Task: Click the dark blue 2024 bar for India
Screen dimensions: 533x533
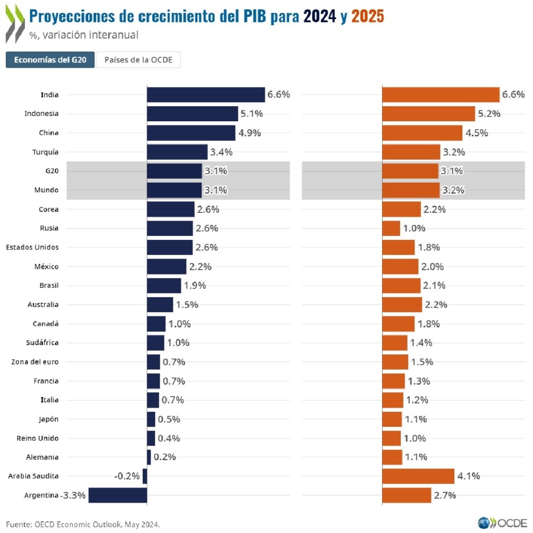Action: coord(206,95)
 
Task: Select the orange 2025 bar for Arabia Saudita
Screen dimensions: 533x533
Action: coord(418,476)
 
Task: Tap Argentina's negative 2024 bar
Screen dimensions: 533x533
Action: coord(118,495)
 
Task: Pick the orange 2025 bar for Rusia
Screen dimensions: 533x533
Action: coord(391,228)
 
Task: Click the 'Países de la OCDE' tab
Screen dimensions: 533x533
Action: coord(138,60)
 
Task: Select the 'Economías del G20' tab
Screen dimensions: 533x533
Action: coord(50,60)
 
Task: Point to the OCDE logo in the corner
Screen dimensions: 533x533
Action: coord(502,522)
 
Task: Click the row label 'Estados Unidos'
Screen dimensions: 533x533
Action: coord(32,247)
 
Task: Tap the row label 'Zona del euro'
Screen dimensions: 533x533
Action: coord(35,362)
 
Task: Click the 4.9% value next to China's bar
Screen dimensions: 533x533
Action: coord(250,133)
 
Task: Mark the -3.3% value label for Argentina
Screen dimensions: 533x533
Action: coord(73,495)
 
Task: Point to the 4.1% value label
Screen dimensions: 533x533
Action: coord(468,476)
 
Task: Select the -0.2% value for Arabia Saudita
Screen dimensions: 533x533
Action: coord(127,476)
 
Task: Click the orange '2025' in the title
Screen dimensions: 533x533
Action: coord(367,17)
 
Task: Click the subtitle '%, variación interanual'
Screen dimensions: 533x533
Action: coord(84,35)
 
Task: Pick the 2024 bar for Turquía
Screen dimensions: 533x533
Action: coord(177,152)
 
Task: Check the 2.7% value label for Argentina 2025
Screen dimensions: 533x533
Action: coord(445,495)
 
